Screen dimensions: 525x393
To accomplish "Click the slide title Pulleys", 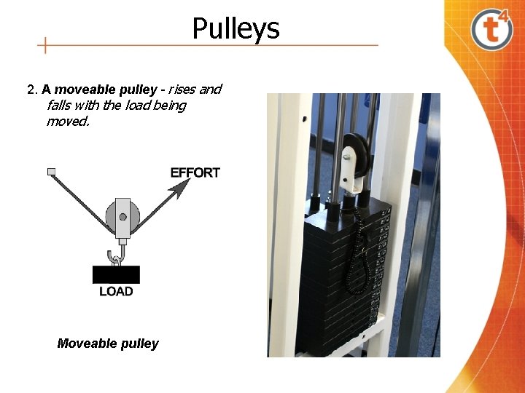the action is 236,28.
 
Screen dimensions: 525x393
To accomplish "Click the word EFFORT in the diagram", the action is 195,172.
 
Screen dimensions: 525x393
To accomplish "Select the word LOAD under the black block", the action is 116,292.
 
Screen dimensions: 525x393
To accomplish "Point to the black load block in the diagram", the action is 116,274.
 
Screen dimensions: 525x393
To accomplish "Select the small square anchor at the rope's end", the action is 51,172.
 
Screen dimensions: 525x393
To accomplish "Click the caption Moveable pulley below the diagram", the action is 107,344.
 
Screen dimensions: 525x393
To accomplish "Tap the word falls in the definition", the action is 60,106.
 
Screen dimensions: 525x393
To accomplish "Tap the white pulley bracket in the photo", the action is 353,175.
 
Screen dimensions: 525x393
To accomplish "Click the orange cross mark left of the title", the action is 45,45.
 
